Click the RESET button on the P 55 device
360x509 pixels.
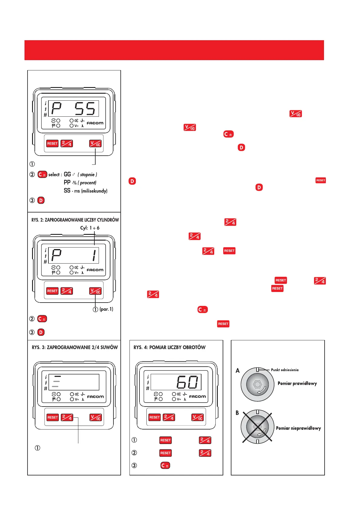[x=52, y=144]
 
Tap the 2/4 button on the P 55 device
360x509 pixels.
[x=67, y=144]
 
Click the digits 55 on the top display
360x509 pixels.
[x=85, y=109]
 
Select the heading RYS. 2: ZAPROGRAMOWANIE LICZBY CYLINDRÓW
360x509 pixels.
[x=75, y=220]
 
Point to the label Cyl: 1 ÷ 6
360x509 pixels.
[x=90, y=228]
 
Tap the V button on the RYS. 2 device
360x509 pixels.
[x=95, y=291]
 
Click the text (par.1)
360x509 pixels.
[x=106, y=309]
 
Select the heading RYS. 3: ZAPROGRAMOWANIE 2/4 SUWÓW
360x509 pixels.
[x=75, y=348]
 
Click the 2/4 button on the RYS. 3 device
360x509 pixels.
[x=67, y=417]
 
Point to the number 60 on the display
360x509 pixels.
[x=188, y=382]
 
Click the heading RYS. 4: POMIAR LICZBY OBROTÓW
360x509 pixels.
[x=169, y=348]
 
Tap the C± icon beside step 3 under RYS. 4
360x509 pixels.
[x=165, y=465]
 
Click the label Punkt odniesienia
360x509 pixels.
[x=285, y=370]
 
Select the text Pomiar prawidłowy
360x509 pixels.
[x=297, y=384]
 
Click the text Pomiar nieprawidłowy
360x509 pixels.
[x=298, y=428]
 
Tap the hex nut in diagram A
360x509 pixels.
[x=257, y=384]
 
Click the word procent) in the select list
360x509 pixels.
[x=88, y=183]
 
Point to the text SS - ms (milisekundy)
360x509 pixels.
[x=86, y=191]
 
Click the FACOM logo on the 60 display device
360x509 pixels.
[x=197, y=397]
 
